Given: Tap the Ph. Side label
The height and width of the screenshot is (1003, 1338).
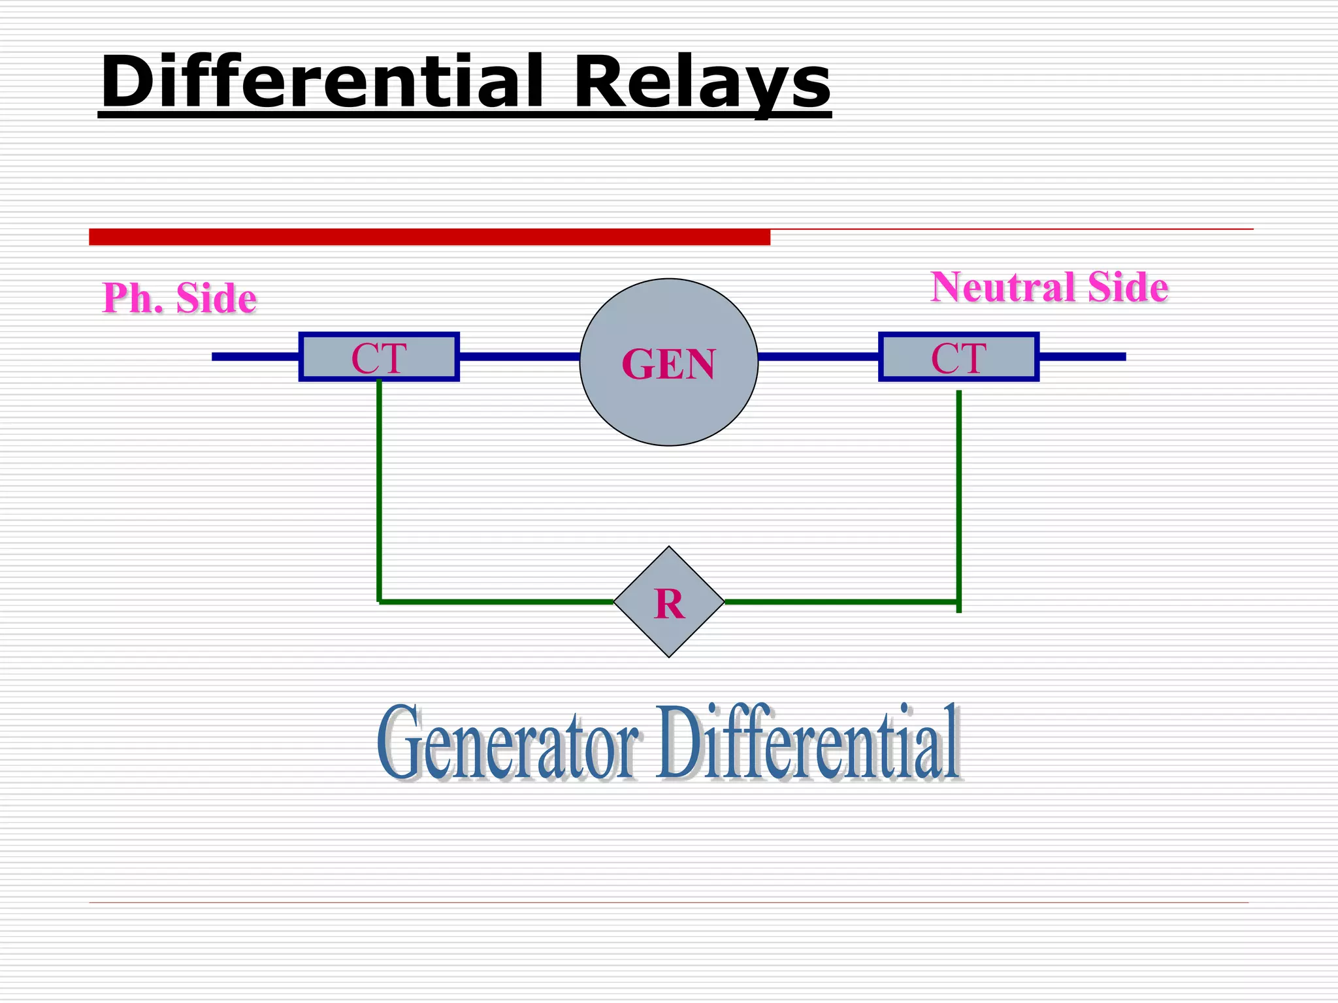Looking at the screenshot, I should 180,298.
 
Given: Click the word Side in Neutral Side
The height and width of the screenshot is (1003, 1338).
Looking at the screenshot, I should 1128,287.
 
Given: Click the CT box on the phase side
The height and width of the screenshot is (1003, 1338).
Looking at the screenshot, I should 379,357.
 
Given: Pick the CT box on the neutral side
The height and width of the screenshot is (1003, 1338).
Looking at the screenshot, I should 958,357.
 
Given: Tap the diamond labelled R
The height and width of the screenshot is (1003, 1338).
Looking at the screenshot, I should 669,602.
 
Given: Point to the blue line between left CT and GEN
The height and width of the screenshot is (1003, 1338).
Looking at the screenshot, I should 519,357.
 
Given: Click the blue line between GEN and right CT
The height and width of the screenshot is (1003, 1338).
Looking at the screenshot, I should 819,357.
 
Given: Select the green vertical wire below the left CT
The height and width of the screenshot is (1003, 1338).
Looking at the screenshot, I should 379,490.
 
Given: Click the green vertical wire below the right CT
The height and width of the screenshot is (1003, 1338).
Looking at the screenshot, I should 958,496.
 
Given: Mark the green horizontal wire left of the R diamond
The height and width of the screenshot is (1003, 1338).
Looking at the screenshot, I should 497,601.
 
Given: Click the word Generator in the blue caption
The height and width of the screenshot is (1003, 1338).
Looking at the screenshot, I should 507,742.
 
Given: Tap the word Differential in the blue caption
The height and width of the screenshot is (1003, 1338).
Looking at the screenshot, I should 808,742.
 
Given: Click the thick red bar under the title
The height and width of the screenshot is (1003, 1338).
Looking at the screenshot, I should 429,237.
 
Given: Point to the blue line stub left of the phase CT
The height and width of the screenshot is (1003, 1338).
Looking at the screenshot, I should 255,357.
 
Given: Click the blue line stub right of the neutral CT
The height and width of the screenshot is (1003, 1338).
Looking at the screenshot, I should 1082,357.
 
